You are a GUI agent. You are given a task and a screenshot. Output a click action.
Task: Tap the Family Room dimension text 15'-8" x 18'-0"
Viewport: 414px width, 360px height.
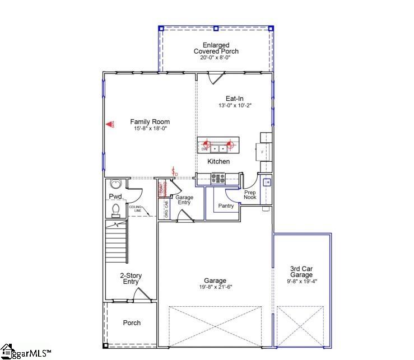(150, 129)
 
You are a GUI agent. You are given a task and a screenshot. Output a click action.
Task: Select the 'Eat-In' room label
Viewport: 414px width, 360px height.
(234, 98)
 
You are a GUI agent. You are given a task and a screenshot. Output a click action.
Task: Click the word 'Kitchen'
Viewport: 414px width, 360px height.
(218, 161)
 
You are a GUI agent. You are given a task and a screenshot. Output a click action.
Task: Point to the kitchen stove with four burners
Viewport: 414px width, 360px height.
(217, 179)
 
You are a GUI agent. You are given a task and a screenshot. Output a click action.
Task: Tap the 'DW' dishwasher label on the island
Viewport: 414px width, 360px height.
(204, 149)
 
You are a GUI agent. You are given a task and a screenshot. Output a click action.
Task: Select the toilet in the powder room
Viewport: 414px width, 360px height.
(115, 209)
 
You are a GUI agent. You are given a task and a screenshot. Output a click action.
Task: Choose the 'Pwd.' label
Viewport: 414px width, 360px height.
(115, 197)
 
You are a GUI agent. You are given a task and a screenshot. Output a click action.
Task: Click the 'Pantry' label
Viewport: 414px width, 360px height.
(226, 206)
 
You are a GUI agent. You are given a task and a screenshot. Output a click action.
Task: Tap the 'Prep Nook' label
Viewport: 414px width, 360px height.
(250, 195)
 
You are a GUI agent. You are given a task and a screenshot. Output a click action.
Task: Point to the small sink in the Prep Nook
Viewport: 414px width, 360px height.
(267, 182)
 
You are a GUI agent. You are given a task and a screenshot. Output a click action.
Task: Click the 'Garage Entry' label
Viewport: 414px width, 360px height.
(184, 200)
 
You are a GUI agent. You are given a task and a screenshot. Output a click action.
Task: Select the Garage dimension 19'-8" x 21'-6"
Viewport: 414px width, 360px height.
(215, 287)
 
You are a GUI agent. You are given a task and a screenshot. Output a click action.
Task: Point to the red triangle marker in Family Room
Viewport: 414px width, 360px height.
(110, 125)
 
